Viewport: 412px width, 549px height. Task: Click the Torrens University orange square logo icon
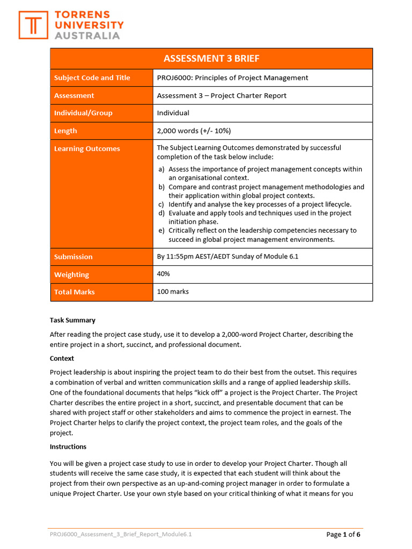pyautogui.click(x=33, y=25)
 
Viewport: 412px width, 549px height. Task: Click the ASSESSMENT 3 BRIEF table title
pyautogui.click(x=211, y=58)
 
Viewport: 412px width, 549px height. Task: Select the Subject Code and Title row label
pyautogui.click(x=92, y=78)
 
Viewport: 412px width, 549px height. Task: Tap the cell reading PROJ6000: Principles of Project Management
pyautogui.click(x=232, y=78)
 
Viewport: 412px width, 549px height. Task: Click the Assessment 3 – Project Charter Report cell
pyautogui.click(x=222, y=95)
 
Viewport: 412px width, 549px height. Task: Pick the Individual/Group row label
pyautogui.click(x=83, y=113)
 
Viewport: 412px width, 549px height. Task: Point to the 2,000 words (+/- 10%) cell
pyautogui.click(x=194, y=131)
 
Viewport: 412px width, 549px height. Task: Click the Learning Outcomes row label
pyautogui.click(x=87, y=149)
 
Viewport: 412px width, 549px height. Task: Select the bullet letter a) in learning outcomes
pyautogui.click(x=161, y=169)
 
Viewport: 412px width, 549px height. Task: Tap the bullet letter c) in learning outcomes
pyautogui.click(x=161, y=204)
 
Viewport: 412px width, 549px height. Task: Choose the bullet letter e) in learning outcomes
pyautogui.click(x=161, y=231)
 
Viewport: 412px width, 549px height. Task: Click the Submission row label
pyautogui.click(x=73, y=257)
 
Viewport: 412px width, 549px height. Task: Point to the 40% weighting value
pyautogui.click(x=163, y=274)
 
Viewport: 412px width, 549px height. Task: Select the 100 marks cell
pyautogui.click(x=173, y=292)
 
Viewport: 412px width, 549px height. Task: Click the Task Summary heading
pyautogui.click(x=72, y=320)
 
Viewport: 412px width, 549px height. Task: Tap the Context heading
pyautogui.click(x=62, y=358)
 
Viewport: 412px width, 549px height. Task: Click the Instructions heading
pyautogui.click(x=68, y=447)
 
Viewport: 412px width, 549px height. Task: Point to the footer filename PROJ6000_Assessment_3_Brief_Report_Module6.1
pyautogui.click(x=121, y=535)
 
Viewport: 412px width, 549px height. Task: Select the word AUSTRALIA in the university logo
pyautogui.click(x=87, y=35)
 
